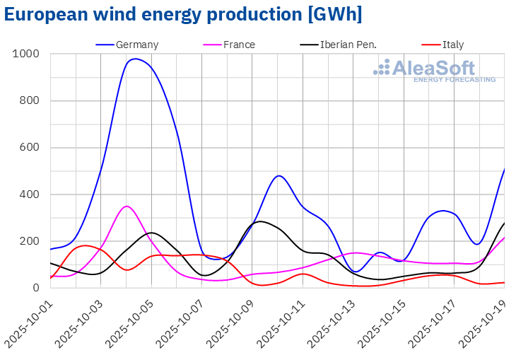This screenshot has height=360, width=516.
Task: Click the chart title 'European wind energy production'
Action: (183, 14)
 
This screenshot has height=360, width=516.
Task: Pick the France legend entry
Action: (239, 45)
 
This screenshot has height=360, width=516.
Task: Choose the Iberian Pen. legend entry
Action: (348, 45)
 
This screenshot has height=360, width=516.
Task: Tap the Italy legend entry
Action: (452, 45)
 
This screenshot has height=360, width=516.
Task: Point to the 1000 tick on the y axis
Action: (25, 54)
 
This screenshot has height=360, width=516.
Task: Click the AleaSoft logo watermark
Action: (434, 71)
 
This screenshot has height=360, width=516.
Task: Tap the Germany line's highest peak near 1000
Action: (136, 59)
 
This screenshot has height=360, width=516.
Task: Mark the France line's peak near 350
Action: (127, 207)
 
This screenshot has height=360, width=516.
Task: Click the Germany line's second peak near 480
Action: (279, 175)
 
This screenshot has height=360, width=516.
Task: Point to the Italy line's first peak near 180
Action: (85, 245)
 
